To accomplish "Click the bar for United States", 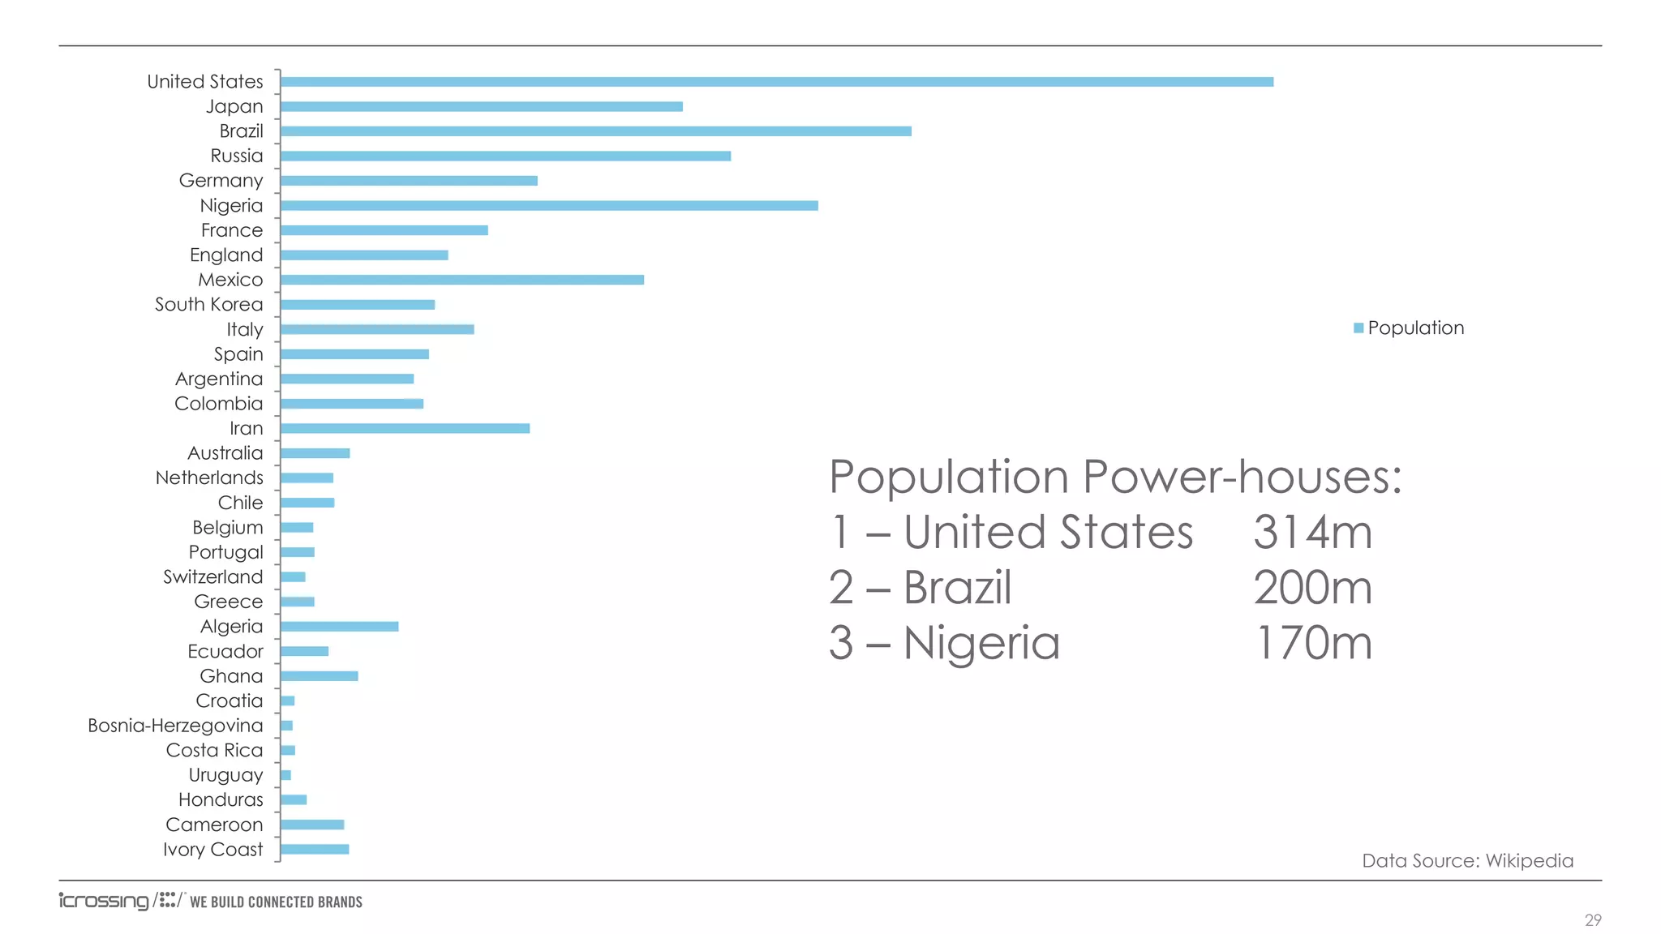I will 776,82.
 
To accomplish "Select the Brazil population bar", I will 595,131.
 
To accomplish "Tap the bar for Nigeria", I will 549,206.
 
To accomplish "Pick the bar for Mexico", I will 462,280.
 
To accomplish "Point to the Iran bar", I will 405,428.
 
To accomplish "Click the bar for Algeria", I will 339,627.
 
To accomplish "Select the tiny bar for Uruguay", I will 285,775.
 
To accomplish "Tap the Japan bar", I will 481,106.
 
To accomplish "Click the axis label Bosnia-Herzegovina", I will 175,726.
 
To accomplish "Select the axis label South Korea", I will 208,305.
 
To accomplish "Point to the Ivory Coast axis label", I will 212,850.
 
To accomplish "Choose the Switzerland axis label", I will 212,577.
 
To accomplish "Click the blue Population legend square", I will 1358,328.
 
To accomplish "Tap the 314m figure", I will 1312,533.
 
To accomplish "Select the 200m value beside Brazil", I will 1312,588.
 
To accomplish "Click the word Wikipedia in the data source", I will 1529,861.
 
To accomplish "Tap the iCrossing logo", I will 104,902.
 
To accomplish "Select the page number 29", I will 1593,920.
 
